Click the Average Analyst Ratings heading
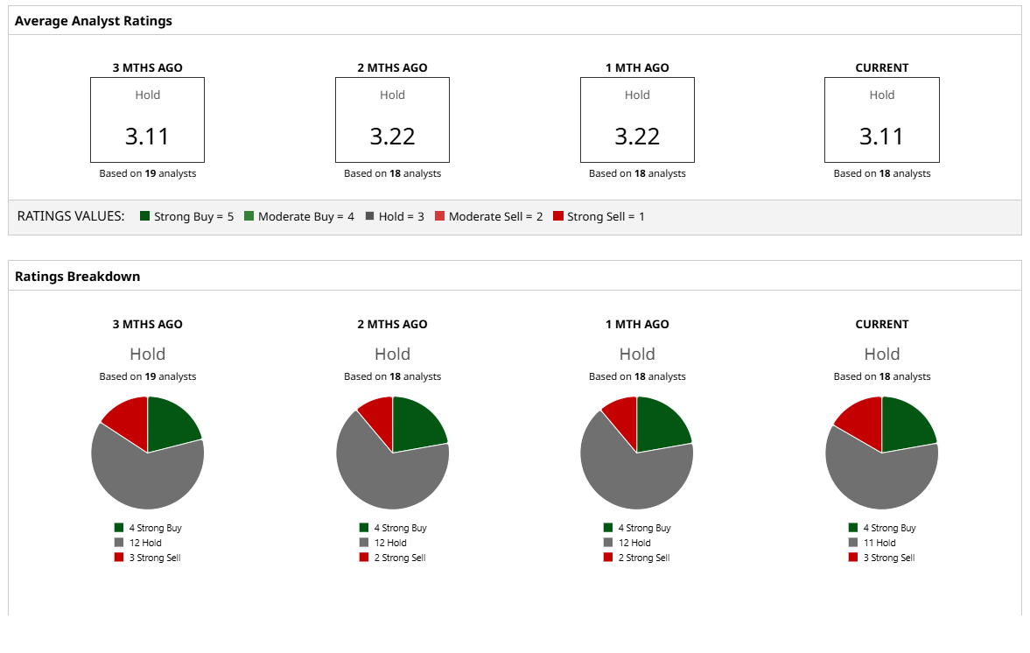[x=94, y=20]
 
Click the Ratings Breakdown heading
[x=77, y=276]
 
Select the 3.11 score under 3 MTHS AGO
[x=147, y=136]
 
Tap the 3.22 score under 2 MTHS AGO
[x=392, y=136]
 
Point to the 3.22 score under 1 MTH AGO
[x=637, y=136]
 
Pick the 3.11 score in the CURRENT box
[x=881, y=136]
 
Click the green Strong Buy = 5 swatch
[x=145, y=216]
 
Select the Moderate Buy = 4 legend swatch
[x=249, y=216]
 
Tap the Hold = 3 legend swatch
[x=370, y=216]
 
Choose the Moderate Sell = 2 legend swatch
[x=440, y=216]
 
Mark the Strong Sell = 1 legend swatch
[x=558, y=216]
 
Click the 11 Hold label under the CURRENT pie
[x=879, y=543]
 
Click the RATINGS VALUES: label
[x=71, y=216]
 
